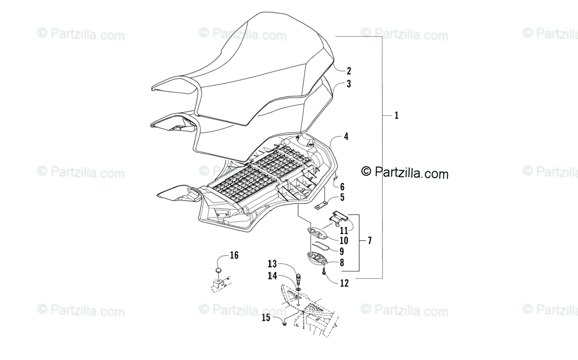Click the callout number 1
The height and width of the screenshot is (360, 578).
(x=396, y=116)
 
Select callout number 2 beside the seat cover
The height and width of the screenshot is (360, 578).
(x=348, y=71)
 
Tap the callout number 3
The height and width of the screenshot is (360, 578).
(x=348, y=84)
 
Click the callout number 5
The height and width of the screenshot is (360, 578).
(x=342, y=197)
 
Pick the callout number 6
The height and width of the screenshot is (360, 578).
(x=342, y=186)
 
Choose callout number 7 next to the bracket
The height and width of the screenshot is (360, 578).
(x=369, y=240)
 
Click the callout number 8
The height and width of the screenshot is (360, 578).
(x=342, y=263)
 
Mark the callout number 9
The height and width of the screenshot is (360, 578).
(x=342, y=251)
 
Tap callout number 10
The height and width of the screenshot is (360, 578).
(x=343, y=240)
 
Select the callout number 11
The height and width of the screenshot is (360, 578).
(x=343, y=231)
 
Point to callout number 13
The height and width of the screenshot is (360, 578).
(x=273, y=264)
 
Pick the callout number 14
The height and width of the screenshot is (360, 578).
(x=273, y=276)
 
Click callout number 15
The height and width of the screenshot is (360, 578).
(x=266, y=317)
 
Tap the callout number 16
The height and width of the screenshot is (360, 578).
(x=234, y=256)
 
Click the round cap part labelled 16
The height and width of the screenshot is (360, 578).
(x=219, y=271)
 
